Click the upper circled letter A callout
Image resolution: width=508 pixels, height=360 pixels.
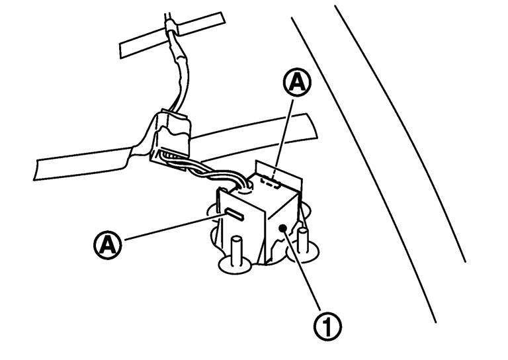297,82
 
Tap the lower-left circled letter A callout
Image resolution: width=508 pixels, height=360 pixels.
108,245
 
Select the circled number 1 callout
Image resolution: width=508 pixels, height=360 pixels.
327,326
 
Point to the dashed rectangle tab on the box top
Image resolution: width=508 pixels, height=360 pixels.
271,181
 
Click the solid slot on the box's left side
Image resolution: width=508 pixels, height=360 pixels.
234,214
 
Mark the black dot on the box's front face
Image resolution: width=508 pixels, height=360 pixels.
283,228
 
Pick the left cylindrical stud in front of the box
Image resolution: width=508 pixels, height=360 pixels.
236,249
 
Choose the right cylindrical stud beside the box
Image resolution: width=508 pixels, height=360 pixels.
303,240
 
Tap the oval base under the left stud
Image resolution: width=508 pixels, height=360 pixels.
235,265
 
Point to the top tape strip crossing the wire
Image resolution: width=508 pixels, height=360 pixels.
173,35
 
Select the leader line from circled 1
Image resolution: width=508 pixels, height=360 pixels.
302,270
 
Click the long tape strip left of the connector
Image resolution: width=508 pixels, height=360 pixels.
83,163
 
